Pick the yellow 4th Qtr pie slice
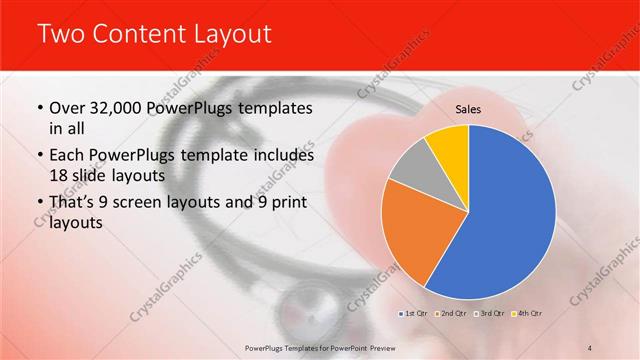click(x=448, y=148)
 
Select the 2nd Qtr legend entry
click(x=451, y=314)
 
